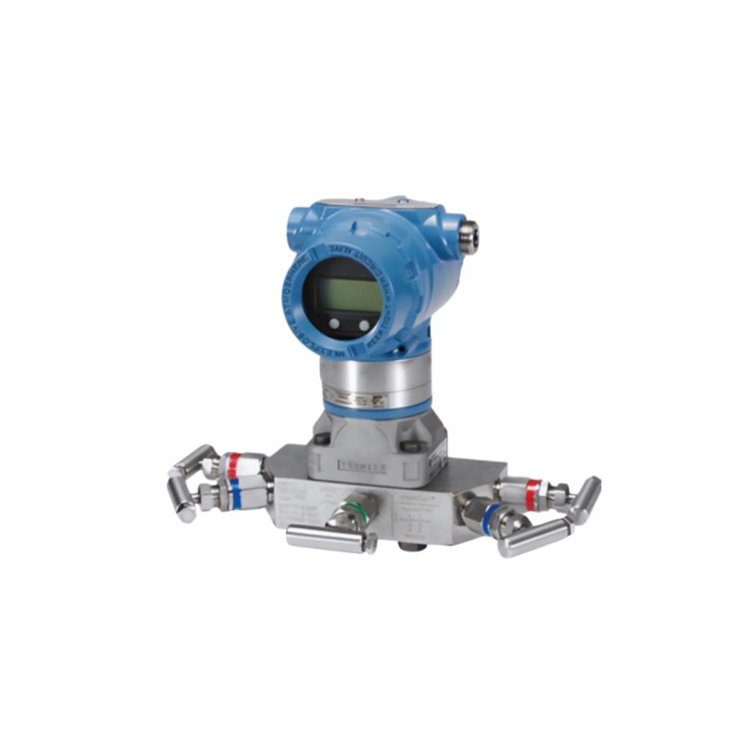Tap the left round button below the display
[x=334, y=323]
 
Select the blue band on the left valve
[x=236, y=495]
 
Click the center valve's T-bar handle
[x=326, y=539]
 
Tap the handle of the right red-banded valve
[x=584, y=499]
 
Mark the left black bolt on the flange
[x=321, y=439]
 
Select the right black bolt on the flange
[x=414, y=446]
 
